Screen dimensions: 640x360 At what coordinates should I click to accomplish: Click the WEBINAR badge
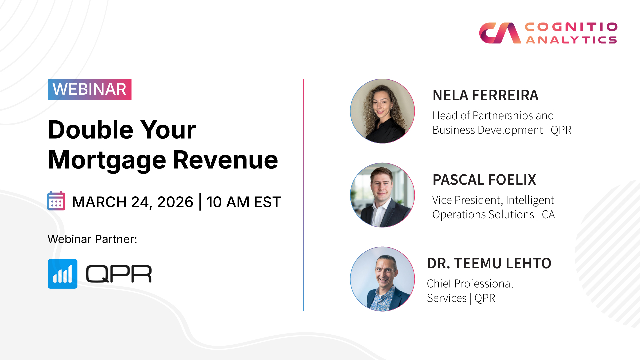[x=90, y=89]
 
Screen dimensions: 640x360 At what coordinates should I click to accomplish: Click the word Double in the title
[x=91, y=130]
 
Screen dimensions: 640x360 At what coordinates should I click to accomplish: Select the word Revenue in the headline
[x=225, y=160]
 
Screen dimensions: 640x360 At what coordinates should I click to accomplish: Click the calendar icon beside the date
[x=56, y=201]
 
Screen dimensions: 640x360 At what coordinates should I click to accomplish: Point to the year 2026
[x=175, y=202]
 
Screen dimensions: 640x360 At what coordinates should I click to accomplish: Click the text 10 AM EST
[x=244, y=202]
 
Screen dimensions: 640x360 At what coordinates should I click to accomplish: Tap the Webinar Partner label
[x=92, y=239]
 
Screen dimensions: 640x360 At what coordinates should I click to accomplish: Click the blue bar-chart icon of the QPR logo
[x=62, y=274]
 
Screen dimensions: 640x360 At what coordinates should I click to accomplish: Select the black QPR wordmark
[x=119, y=274]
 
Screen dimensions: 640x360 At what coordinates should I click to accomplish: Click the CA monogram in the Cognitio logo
[x=500, y=33]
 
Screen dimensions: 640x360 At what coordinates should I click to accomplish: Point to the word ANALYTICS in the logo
[x=571, y=40]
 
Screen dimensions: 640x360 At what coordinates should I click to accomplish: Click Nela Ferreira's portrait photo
[x=382, y=111]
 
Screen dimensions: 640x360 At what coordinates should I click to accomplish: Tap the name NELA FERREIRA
[x=485, y=95]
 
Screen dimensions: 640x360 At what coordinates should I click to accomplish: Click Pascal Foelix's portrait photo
[x=382, y=195]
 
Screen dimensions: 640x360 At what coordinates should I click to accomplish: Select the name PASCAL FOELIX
[x=484, y=180]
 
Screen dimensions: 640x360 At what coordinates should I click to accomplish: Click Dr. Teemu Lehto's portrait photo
[x=382, y=279]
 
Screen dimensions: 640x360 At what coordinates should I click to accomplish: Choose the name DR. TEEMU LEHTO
[x=489, y=263]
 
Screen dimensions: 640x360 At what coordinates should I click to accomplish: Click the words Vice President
[x=467, y=200]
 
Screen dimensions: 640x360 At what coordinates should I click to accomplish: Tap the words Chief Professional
[x=470, y=284]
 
